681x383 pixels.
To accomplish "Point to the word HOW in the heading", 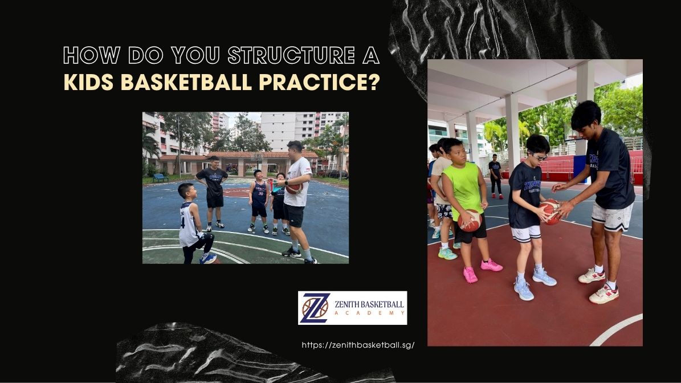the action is pos(92,56).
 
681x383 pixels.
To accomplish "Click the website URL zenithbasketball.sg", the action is pos(358,345).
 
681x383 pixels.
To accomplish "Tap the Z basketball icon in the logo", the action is pos(315,308).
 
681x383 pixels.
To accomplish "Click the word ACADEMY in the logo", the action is pos(370,313).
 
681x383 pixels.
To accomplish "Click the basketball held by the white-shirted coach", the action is pos(293,188).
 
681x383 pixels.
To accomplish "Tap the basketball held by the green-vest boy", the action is pos(470,221).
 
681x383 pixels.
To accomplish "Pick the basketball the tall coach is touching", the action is pos(550,211).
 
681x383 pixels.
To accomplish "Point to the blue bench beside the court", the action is pos(160,178).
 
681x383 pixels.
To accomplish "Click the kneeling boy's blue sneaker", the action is pos(208,258).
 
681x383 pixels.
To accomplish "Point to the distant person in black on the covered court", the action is pos(496,176).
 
